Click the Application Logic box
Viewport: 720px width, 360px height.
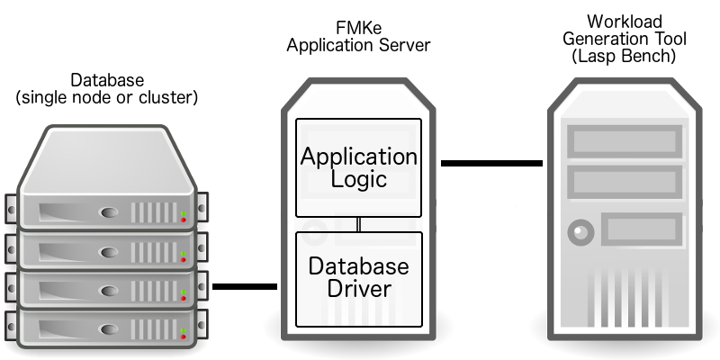(358, 167)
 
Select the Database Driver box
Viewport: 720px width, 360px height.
(358, 279)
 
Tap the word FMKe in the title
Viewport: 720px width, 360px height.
(358, 28)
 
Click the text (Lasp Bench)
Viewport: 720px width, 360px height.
(624, 56)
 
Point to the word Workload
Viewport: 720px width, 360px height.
(625, 22)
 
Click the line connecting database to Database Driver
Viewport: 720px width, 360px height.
(245, 286)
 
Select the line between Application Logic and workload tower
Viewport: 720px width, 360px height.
(491, 163)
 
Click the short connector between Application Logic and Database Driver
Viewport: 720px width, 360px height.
(358, 224)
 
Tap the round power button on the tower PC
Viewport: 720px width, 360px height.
(580, 232)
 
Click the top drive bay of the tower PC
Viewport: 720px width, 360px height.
(625, 141)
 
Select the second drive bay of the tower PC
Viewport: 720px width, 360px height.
(625, 183)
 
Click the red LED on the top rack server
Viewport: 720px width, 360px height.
(184, 220)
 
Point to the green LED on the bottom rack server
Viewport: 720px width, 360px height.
(184, 330)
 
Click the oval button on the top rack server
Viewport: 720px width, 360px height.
(109, 212)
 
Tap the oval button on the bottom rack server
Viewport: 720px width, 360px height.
(109, 329)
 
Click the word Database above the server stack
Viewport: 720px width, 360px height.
(107, 80)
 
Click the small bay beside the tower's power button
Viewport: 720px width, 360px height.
(642, 229)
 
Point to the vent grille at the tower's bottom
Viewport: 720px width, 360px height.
(625, 298)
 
